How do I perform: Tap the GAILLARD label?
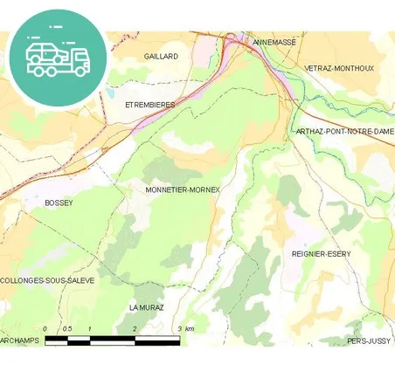[162, 56]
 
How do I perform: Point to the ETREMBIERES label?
[150, 105]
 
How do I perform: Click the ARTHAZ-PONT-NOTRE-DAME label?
[344, 131]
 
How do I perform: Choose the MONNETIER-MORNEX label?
[183, 189]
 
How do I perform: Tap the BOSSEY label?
[59, 203]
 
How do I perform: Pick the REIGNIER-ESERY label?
[321, 253]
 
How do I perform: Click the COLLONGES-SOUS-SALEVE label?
[47, 280]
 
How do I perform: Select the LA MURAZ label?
[146, 308]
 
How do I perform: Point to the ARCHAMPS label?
[20, 340]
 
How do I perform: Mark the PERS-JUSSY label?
[371, 340]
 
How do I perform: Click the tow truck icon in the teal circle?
[58, 57]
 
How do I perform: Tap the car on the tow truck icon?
[43, 52]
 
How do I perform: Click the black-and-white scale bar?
[112, 340]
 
